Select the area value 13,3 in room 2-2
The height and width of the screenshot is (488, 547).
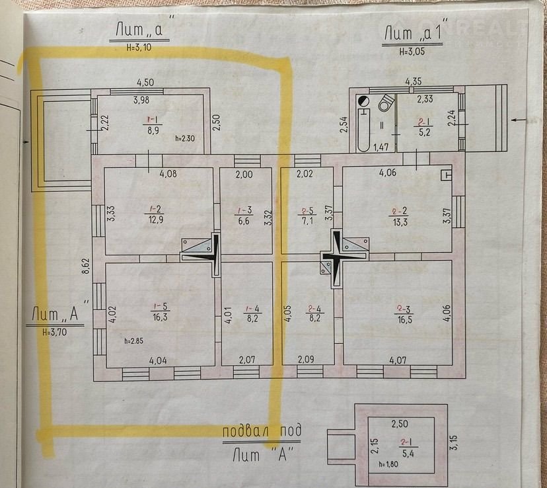pos(400,222)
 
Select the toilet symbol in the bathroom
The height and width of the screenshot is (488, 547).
pos(386,102)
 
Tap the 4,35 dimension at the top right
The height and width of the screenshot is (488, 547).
pos(413,81)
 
